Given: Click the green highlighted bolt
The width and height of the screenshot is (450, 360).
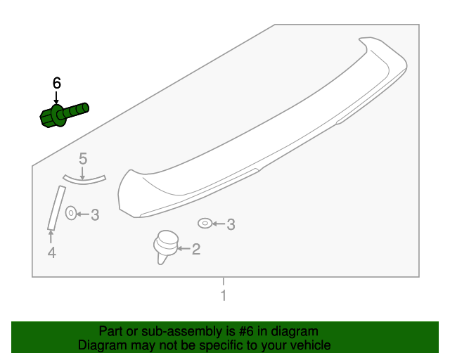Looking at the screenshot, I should click(x=63, y=114).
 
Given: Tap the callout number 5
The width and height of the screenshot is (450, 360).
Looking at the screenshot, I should click(x=82, y=159).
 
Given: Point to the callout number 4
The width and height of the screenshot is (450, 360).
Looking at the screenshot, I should click(x=51, y=252).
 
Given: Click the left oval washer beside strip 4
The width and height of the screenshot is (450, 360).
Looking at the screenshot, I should click(x=71, y=212).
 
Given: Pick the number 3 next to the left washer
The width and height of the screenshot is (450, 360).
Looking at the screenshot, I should click(x=95, y=214).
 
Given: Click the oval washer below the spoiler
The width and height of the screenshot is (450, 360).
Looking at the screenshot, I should click(x=204, y=224).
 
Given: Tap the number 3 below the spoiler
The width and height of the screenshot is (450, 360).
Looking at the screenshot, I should click(x=230, y=225).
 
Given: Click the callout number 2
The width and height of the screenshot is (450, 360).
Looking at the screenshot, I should click(x=196, y=248).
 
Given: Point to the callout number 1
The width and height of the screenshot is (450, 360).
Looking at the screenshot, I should click(x=224, y=295).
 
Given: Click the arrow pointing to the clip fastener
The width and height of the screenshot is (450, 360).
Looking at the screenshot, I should click(x=184, y=248).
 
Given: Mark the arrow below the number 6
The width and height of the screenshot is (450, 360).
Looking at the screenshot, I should click(x=57, y=98).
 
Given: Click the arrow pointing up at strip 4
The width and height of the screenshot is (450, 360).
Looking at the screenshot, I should click(x=51, y=237).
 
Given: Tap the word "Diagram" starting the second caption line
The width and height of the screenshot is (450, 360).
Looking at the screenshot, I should click(x=101, y=345).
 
